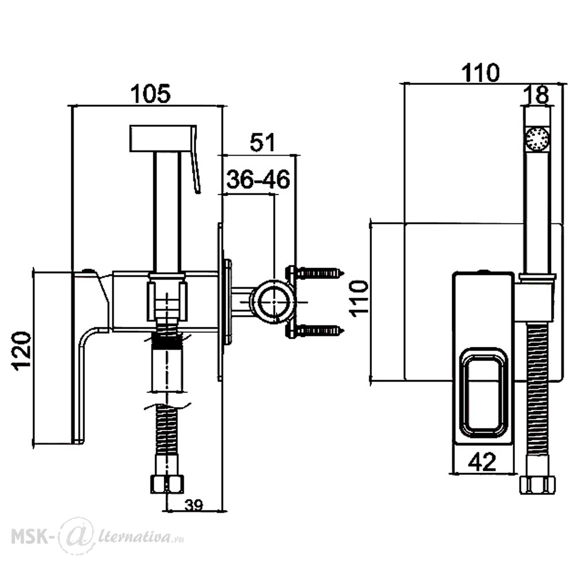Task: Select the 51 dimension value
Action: [262, 142]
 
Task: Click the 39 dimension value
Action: [193, 506]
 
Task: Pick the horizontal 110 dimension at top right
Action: [480, 72]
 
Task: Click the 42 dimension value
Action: [482, 461]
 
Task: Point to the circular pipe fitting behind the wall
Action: [274, 302]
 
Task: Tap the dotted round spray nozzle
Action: [537, 138]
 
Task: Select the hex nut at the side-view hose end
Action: [166, 484]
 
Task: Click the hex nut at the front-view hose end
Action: [537, 485]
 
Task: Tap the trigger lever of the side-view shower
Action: [196, 160]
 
